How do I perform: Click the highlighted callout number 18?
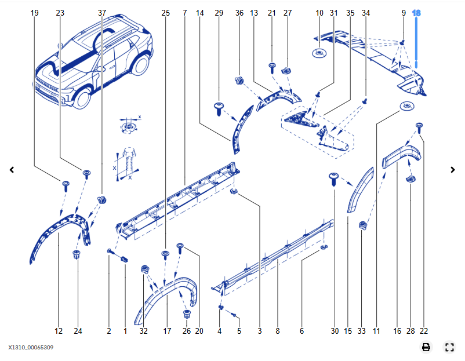[x=416, y=13]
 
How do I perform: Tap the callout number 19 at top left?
[x=35, y=13]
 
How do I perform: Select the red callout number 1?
[x=125, y=331]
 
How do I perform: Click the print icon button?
[x=426, y=347]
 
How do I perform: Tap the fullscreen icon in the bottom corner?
[x=449, y=347]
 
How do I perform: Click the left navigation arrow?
[x=12, y=170]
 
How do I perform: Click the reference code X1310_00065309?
[x=31, y=348]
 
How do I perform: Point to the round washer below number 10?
[x=319, y=54]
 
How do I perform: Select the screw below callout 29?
[x=219, y=107]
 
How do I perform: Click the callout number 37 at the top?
[x=102, y=13]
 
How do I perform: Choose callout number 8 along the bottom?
[x=278, y=331]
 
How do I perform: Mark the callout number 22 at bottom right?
[x=424, y=331]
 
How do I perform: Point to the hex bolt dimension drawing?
[x=129, y=159]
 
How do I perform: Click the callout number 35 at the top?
[x=350, y=13]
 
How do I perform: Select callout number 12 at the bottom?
[x=59, y=331]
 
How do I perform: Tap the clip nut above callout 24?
[x=77, y=254]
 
